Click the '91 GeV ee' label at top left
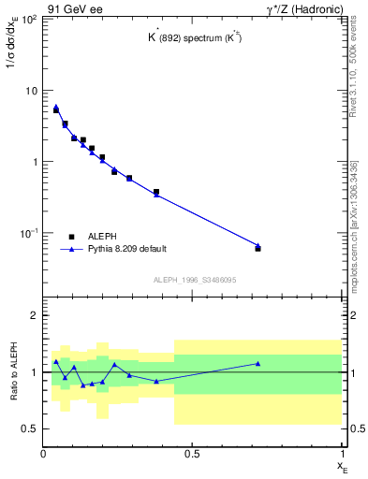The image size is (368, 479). coord(73,8)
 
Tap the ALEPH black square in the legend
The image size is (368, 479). coord(71,237)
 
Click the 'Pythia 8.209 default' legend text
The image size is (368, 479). coord(126,249)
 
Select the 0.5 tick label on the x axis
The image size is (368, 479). coord(193,453)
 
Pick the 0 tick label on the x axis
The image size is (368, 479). coord(44,453)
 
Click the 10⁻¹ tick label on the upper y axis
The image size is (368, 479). coord(28,232)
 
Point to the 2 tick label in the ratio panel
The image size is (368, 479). coord(34,315)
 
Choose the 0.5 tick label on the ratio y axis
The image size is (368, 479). coord(30,428)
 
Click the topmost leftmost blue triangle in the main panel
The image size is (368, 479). coord(56,107)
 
